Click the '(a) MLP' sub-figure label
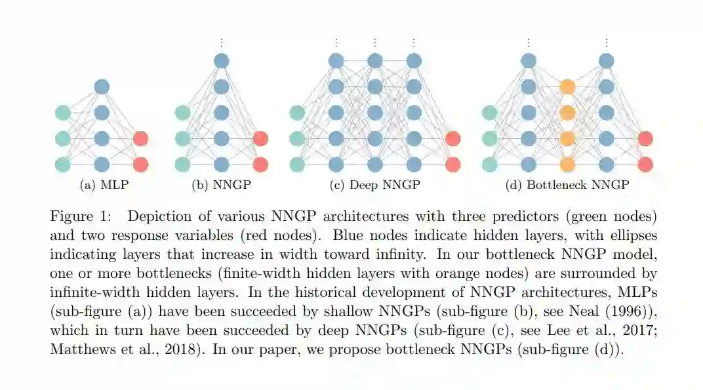(x=104, y=185)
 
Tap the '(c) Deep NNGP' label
(x=374, y=185)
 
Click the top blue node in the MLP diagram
(x=102, y=87)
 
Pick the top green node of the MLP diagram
(x=63, y=113)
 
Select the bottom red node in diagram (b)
(x=260, y=165)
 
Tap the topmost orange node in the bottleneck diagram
(x=568, y=87)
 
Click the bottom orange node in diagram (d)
(x=568, y=165)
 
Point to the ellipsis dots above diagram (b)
(x=221, y=43)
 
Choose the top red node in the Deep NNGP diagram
(x=452, y=139)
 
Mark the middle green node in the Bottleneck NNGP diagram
(x=489, y=139)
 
